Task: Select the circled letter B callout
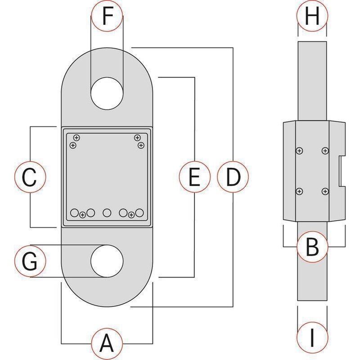312,246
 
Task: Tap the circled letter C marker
30,177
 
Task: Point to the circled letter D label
233,177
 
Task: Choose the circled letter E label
194,177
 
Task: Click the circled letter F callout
106,17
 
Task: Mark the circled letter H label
312,17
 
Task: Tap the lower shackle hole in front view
107,261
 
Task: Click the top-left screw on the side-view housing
299,151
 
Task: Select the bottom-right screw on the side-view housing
324,192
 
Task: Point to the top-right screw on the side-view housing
324,151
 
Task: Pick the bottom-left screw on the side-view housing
299,192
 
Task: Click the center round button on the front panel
107,212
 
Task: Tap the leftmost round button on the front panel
75,212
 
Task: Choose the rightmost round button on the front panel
139,212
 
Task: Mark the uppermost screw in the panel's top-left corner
76,137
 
